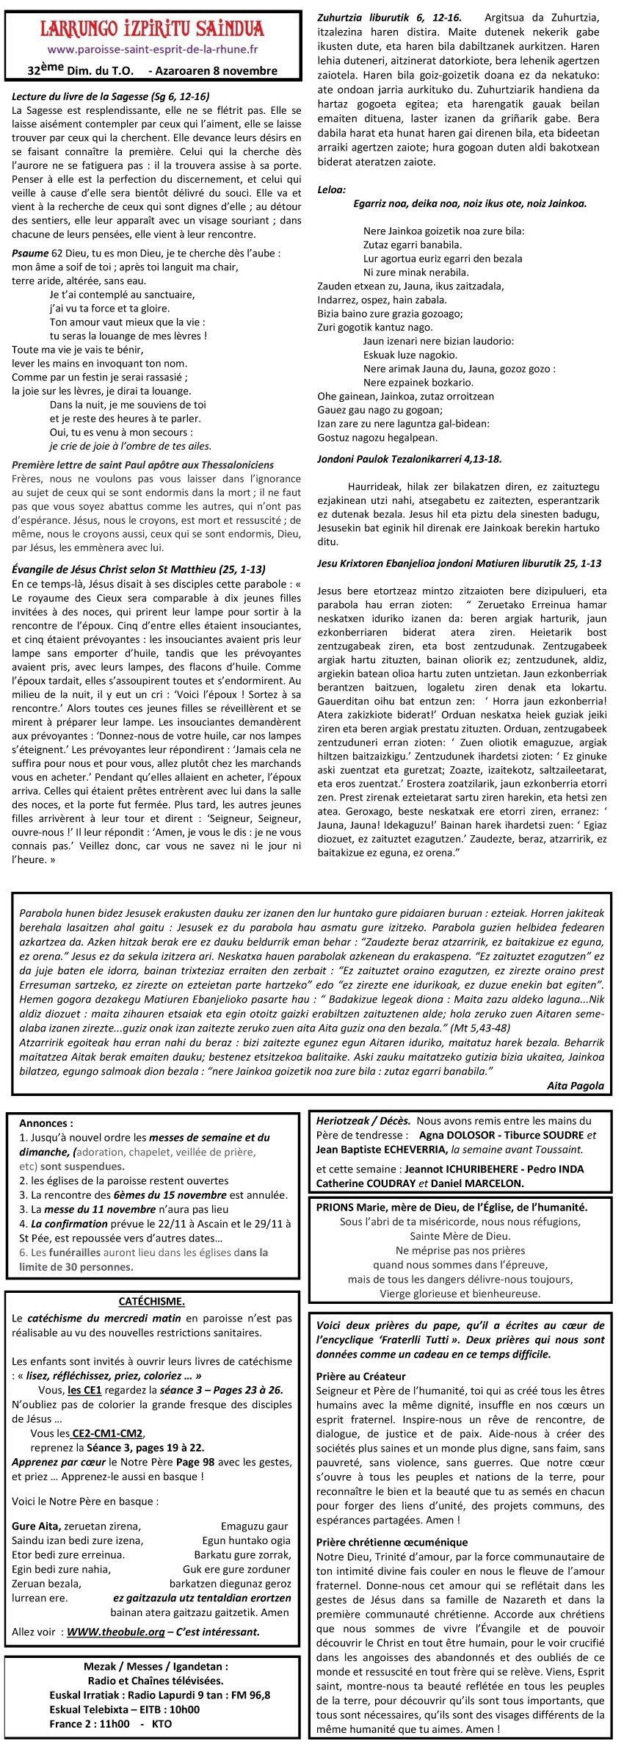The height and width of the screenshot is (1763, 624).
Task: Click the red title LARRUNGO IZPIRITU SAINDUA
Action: pos(151,29)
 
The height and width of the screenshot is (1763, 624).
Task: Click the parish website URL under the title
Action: pos(152,50)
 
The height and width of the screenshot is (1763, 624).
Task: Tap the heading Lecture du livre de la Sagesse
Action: pos(111,96)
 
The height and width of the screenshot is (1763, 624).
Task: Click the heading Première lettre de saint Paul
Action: pos(143,465)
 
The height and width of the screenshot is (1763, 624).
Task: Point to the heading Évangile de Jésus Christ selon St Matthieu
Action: pos(139,569)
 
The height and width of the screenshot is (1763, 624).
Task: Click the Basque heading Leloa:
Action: pos(331,189)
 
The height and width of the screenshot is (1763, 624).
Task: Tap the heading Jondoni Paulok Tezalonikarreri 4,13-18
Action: pos(409,459)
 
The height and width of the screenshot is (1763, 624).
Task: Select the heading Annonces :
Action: pos(46,1123)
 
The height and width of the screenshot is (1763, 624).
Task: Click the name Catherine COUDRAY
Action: pos(356,1183)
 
